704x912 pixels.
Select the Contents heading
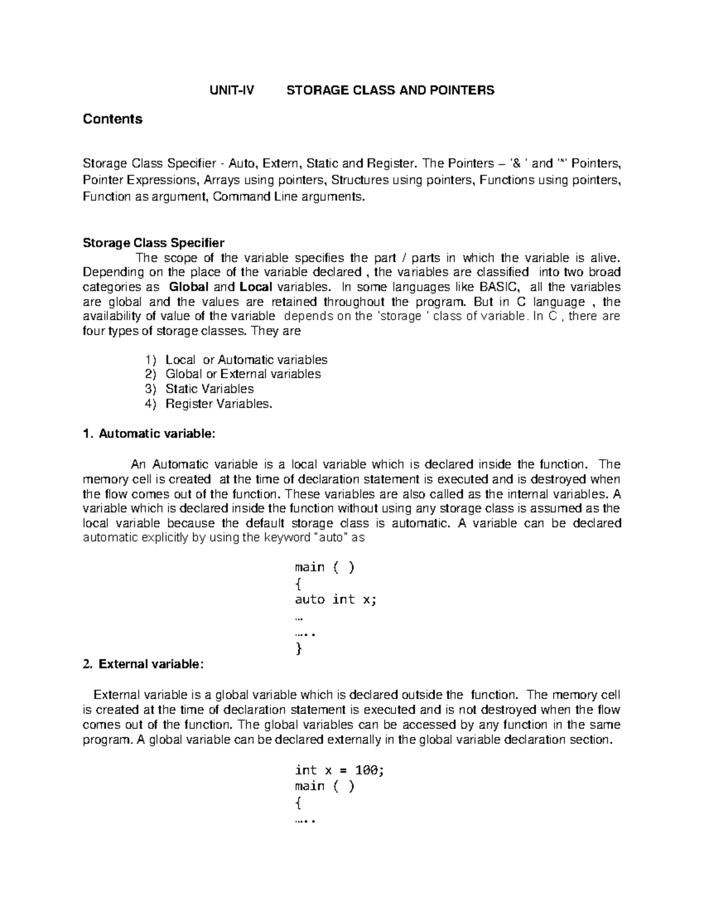coord(113,119)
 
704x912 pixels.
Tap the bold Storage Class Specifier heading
coord(154,243)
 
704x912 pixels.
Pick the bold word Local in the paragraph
coord(256,287)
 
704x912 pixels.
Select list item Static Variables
coord(209,389)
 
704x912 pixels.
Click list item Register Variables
coord(219,403)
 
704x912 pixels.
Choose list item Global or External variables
coord(243,374)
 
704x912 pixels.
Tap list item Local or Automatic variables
coord(246,359)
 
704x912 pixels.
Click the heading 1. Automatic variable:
coord(150,434)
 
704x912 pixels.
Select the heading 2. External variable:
coord(144,664)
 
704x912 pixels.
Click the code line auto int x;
coord(335,600)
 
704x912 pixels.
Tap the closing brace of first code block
coord(299,649)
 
